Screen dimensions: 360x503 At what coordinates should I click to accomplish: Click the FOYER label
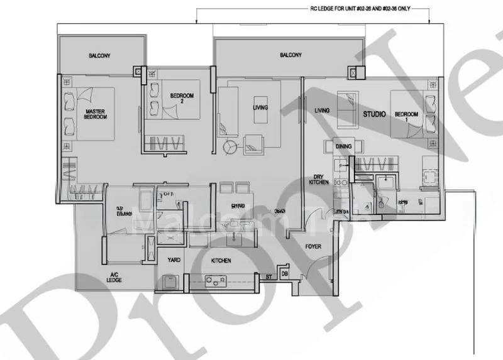coord(313,246)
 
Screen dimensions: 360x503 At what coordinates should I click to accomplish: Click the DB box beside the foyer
coord(285,275)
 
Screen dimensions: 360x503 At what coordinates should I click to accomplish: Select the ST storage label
coord(268,275)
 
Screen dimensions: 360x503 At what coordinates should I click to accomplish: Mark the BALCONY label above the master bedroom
coord(99,56)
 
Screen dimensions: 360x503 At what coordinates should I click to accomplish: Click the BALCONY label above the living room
coord(290,55)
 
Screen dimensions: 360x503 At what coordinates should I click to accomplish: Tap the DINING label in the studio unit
coord(343,146)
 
